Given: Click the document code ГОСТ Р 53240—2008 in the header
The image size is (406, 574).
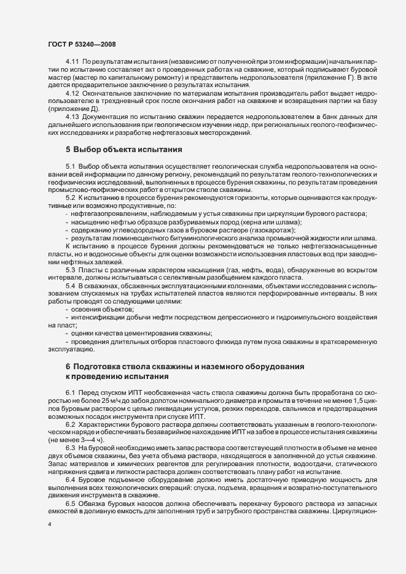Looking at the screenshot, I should pyautogui.click(x=82, y=45).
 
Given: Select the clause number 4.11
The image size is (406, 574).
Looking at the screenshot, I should pyautogui.click(x=72, y=63).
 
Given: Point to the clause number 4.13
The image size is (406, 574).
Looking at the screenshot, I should pyautogui.click(x=72, y=116).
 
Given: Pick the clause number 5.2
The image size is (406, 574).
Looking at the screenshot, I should pyautogui.click(x=70, y=197).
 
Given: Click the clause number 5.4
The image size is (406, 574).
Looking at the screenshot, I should pyautogui.click(x=70, y=286).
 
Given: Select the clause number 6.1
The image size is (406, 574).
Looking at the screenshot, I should pyautogui.click(x=70, y=391).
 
